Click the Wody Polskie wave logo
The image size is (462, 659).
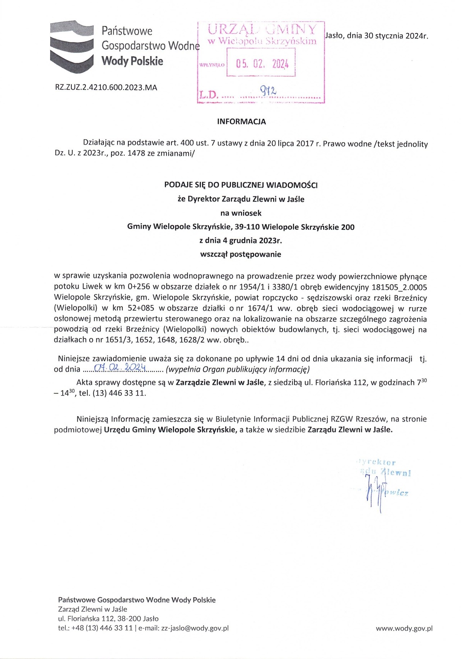tap(72, 46)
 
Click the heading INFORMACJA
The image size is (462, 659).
tap(241, 122)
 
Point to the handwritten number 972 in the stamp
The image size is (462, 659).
tap(268, 91)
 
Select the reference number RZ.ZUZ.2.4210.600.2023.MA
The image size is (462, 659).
tap(106, 87)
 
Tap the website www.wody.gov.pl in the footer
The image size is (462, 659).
tap(404, 628)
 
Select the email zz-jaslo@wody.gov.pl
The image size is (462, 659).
tap(195, 628)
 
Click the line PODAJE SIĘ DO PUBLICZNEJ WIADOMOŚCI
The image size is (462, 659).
tap(241, 185)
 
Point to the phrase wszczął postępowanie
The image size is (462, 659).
tap(241, 254)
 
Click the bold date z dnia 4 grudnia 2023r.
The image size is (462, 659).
tap(241, 241)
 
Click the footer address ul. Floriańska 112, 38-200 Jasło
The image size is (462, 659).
tap(108, 618)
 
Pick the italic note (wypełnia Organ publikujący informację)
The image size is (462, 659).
tap(238, 369)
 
